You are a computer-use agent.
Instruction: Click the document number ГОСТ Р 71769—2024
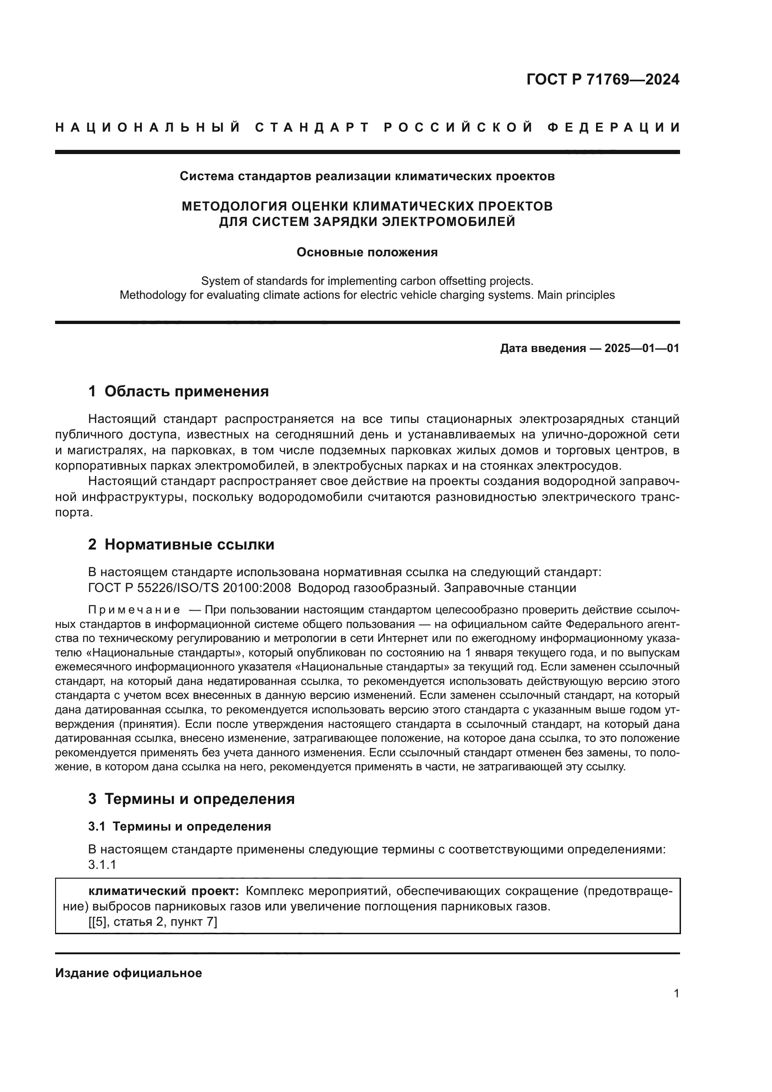602,79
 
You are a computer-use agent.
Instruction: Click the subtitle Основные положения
367,253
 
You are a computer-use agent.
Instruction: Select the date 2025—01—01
641,349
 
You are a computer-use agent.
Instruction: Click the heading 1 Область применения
179,391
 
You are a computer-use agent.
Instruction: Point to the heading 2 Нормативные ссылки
181,544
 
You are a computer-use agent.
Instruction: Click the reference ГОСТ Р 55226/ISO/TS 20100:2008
189,588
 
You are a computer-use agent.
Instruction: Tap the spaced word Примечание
134,610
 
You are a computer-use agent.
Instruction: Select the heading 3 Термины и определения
191,799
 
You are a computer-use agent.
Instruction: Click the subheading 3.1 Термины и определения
180,827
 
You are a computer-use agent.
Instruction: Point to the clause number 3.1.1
102,865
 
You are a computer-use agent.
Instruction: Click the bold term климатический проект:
164,891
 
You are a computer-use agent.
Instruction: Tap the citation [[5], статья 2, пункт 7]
153,922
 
